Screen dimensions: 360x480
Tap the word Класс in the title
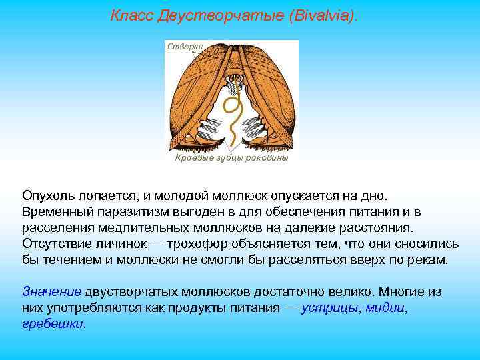[x=132, y=15]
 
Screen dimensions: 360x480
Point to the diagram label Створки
[x=185, y=47]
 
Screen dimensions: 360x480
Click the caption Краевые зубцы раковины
[x=231, y=159]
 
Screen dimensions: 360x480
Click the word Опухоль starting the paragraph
[x=48, y=196]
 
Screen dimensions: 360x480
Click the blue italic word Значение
[x=51, y=291]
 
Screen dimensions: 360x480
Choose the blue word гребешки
[x=53, y=323]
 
